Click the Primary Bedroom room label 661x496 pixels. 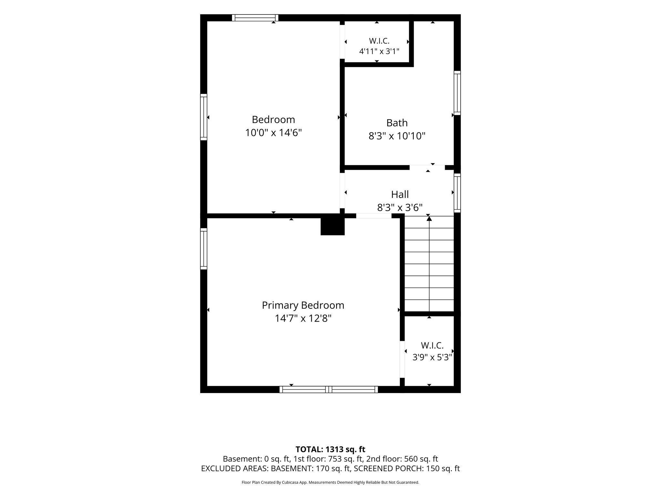[303, 305]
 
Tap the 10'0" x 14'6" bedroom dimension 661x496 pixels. [273, 133]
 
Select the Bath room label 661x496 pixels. [397, 123]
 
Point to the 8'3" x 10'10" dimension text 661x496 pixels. [397, 136]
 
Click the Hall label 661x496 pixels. [400, 194]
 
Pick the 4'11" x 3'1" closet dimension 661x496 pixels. [379, 51]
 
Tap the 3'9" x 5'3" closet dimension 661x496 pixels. [432, 357]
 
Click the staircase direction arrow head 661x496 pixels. [429, 218]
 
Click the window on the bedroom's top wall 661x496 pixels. [255, 18]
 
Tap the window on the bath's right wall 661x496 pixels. [457, 93]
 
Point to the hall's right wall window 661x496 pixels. [457, 193]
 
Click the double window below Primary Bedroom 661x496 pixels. [329, 389]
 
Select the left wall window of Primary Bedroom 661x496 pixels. [204, 249]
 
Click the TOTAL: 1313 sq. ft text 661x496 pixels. [330, 449]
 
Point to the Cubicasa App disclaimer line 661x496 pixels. [330, 482]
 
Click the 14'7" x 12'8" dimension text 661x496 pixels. [303, 319]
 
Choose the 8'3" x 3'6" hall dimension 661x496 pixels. [400, 207]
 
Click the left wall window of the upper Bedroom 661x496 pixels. [204, 117]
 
